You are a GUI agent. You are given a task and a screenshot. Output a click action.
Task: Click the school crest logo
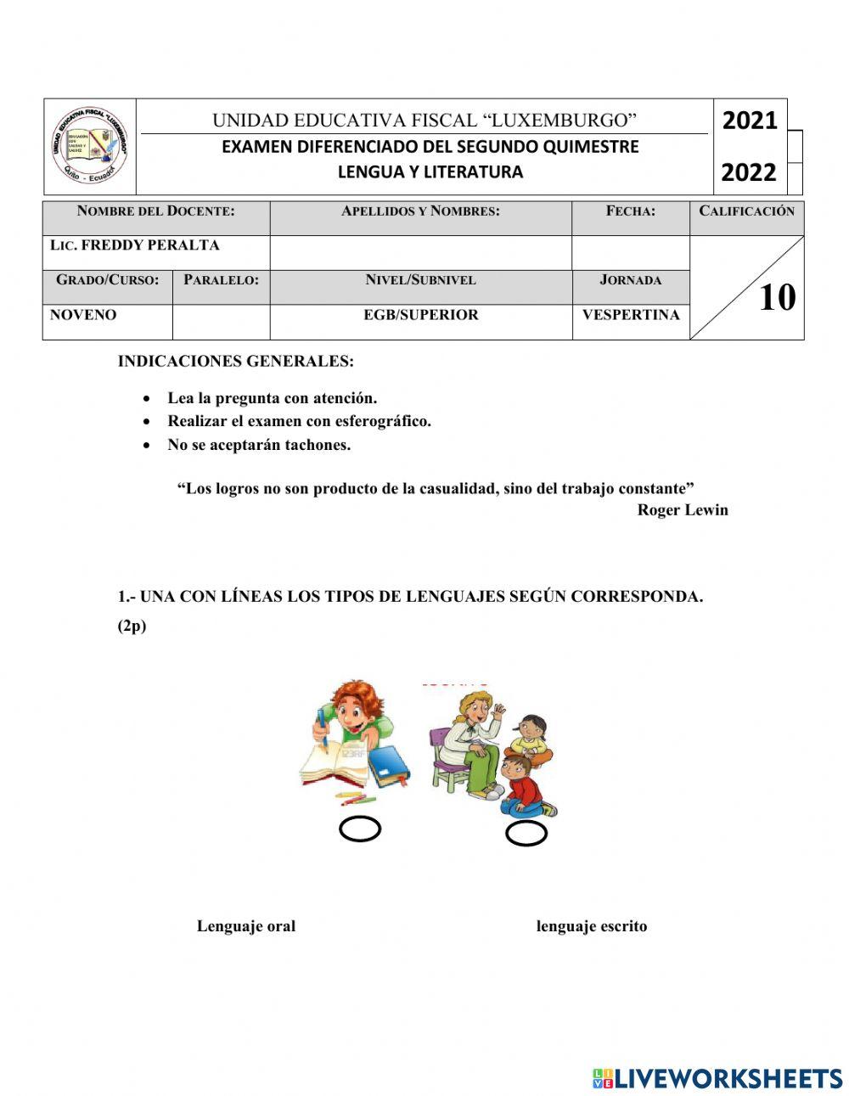tap(89, 146)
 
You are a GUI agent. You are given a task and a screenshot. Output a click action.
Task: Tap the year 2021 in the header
tap(749, 121)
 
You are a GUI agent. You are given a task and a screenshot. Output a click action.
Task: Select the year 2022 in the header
tap(749, 172)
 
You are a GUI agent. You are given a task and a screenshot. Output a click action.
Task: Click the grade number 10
tap(777, 298)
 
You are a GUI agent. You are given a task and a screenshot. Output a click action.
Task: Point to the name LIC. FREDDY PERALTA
tap(135, 245)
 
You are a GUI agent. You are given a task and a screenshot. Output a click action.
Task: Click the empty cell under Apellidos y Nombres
tap(420, 252)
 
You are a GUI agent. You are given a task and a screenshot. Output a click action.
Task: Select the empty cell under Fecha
tap(630, 252)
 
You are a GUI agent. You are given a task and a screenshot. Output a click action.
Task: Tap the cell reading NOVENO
tap(83, 315)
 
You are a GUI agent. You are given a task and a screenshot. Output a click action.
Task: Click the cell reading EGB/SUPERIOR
tap(420, 315)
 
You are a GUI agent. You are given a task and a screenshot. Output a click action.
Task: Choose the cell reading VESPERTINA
tap(631, 315)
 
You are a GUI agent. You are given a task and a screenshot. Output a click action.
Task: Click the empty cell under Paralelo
tap(221, 322)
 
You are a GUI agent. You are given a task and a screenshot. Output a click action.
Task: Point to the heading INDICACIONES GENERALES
tap(236, 361)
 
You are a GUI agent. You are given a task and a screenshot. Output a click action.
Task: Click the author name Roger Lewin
tap(683, 510)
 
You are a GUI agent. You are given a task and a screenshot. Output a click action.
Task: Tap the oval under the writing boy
tap(360, 829)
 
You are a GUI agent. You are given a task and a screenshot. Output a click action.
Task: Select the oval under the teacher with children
tap(526, 834)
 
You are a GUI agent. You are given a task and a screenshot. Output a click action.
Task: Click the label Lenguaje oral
tap(246, 926)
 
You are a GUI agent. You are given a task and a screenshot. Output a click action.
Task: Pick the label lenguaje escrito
tap(592, 926)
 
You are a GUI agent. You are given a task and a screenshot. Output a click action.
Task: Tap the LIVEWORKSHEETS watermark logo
tap(717, 1078)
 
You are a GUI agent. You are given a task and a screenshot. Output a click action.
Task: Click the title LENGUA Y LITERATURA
tap(430, 172)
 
